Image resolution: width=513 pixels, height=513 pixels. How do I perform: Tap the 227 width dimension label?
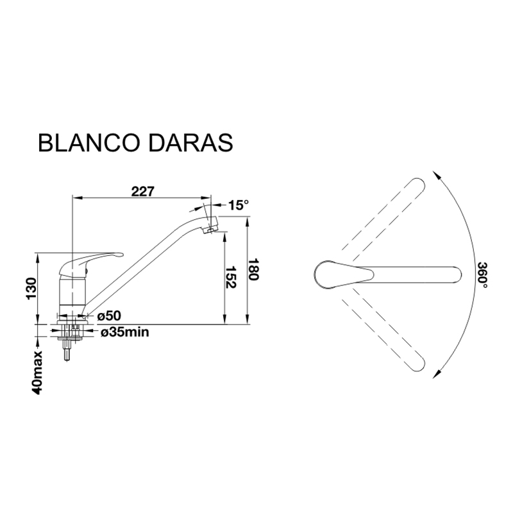click(x=142, y=191)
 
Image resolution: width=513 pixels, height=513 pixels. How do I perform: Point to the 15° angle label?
click(x=239, y=205)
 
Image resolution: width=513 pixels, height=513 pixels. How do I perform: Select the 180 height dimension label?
click(x=253, y=269)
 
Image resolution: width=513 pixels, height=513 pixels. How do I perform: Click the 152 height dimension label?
click(x=231, y=277)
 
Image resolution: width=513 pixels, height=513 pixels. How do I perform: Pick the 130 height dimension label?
click(x=31, y=289)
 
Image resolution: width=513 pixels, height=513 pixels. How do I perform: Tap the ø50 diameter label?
click(x=109, y=315)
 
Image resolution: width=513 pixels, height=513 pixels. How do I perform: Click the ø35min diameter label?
click(x=124, y=332)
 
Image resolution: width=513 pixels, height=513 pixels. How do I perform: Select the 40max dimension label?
click(x=38, y=373)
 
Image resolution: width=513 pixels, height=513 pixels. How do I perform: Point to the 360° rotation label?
click(x=482, y=275)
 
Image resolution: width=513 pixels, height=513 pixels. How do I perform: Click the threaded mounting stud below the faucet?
click(x=67, y=350)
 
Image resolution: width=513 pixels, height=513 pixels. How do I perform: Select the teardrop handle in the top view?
click(x=344, y=274)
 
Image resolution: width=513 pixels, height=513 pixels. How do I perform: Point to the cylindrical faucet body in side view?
click(x=72, y=292)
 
